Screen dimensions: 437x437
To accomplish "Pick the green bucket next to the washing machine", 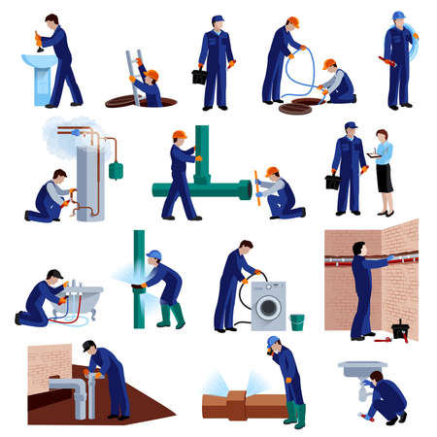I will click(296, 321).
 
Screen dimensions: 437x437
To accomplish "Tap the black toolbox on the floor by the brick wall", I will click(400, 329).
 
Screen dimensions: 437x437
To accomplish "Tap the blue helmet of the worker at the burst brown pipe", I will click(273, 343).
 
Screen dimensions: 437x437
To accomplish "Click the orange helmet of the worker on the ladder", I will click(139, 61).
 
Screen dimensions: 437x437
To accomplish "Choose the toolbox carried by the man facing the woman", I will click(335, 180).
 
